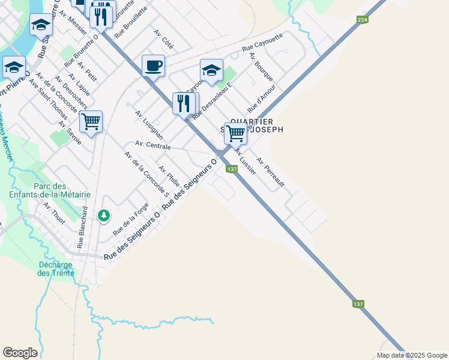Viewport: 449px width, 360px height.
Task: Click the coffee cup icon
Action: pyautogui.click(x=153, y=65)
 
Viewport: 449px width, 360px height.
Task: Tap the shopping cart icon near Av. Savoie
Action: pyautogui.click(x=91, y=122)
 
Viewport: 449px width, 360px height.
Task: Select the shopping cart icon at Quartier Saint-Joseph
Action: pyautogui.click(x=236, y=133)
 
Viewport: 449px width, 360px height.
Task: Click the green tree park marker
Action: pyautogui.click(x=104, y=215)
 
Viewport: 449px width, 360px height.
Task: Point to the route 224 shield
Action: pyautogui.click(x=361, y=20)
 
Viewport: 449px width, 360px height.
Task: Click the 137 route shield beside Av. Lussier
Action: pyautogui.click(x=232, y=169)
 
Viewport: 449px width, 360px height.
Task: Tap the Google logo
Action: pyautogui.click(x=20, y=352)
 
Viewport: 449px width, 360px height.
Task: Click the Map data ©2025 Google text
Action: pyautogui.click(x=412, y=355)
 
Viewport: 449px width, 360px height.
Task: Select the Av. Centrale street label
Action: pyautogui.click(x=153, y=145)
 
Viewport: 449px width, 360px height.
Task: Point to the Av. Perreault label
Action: pyautogui.click(x=270, y=172)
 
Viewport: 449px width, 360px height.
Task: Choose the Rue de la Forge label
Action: pyautogui.click(x=130, y=218)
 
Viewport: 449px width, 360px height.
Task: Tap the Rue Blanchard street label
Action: pyautogui.click(x=82, y=227)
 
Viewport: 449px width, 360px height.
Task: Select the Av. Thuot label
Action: pyautogui.click(x=54, y=213)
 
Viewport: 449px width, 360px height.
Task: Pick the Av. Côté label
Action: pyautogui.click(x=163, y=38)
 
